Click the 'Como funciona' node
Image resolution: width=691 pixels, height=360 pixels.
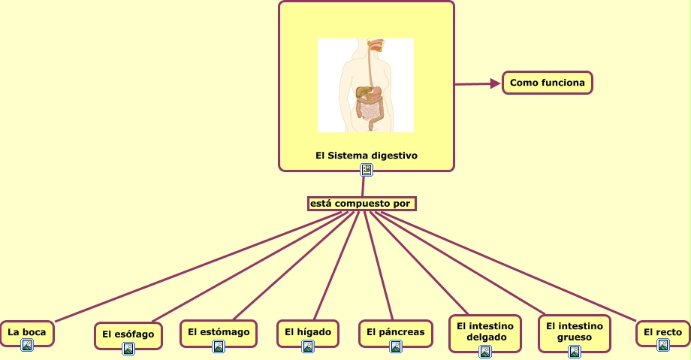pyautogui.click(x=547, y=83)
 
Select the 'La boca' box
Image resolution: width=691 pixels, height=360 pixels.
pyautogui.click(x=26, y=331)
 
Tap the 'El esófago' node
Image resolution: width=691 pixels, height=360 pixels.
pyautogui.click(x=128, y=334)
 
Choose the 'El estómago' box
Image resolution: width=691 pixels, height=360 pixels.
pyautogui.click(x=218, y=331)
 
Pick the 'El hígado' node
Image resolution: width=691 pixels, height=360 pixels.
pyautogui.click(x=307, y=331)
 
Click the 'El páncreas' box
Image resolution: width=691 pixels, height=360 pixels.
pyautogui.click(x=395, y=331)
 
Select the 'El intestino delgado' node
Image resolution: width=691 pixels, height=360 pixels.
pyautogui.click(x=484, y=331)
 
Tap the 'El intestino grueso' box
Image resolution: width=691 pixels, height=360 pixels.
pyautogui.click(x=575, y=331)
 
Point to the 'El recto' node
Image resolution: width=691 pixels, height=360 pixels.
pyautogui.click(x=662, y=331)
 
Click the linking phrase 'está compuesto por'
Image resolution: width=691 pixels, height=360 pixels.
pyautogui.click(x=361, y=204)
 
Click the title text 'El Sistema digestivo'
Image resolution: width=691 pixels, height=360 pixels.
pyautogui.click(x=366, y=156)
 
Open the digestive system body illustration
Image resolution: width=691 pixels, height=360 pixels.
pyautogui.click(x=365, y=85)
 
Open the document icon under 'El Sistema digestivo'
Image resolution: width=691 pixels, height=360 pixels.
pyautogui.click(x=367, y=170)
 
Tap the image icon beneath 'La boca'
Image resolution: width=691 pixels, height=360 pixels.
pyautogui.click(x=27, y=345)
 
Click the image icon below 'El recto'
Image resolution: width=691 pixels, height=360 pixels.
pyautogui.click(x=663, y=345)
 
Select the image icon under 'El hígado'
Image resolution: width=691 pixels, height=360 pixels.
pyautogui.click(x=307, y=346)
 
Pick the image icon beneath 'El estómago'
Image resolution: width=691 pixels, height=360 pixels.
pyautogui.click(x=219, y=346)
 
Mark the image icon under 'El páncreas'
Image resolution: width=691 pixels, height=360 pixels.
pyautogui.click(x=396, y=346)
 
